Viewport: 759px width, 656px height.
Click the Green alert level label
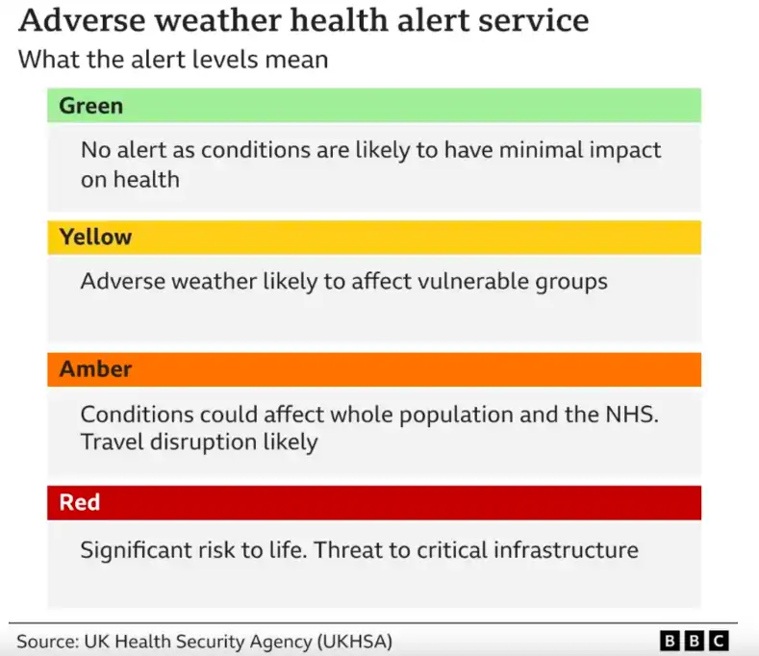91,106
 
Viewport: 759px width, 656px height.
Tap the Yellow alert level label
95,237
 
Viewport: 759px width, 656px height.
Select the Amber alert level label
95,369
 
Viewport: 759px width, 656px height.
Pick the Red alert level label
80,502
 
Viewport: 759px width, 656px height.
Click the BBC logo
695,641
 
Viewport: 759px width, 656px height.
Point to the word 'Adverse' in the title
83,20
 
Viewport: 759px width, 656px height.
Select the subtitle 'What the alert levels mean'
173,60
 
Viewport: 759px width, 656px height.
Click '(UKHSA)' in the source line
355,642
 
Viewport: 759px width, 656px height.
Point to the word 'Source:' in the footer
48,642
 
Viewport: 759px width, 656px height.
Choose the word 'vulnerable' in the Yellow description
473,281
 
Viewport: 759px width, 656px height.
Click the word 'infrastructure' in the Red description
566,550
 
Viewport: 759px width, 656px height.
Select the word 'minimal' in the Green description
541,150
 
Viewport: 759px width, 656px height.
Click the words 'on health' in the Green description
130,180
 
